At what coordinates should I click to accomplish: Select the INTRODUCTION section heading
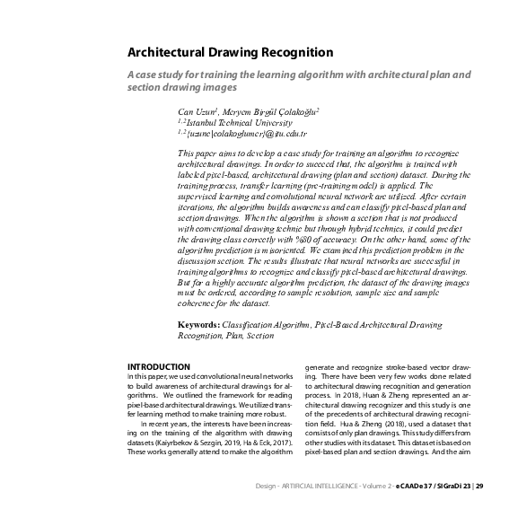pyautogui.click(x=158, y=366)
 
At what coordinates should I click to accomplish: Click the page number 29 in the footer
pyautogui.click(x=479, y=486)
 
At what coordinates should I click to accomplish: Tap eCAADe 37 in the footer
pyautogui.click(x=408, y=486)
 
